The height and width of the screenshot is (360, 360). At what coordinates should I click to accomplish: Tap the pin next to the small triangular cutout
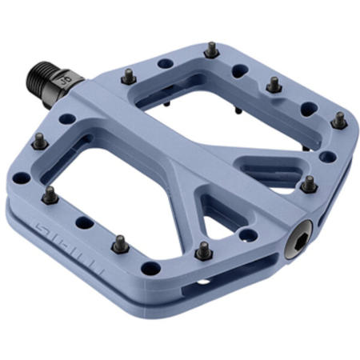204,250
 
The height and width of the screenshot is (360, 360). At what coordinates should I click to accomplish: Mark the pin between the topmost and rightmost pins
273,84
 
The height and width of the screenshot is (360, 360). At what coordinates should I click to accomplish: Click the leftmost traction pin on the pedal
37,142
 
